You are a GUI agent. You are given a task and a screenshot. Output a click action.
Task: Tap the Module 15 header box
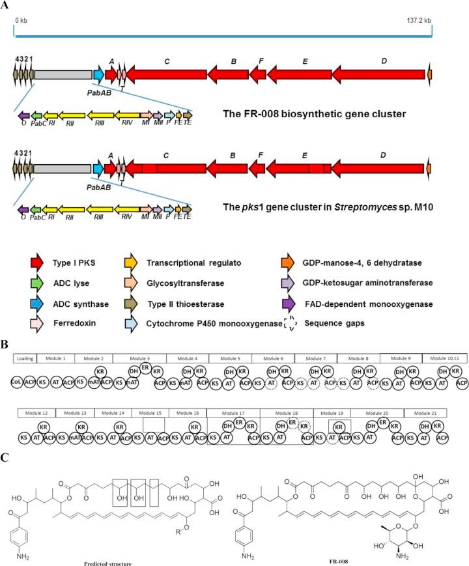[149, 414]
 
